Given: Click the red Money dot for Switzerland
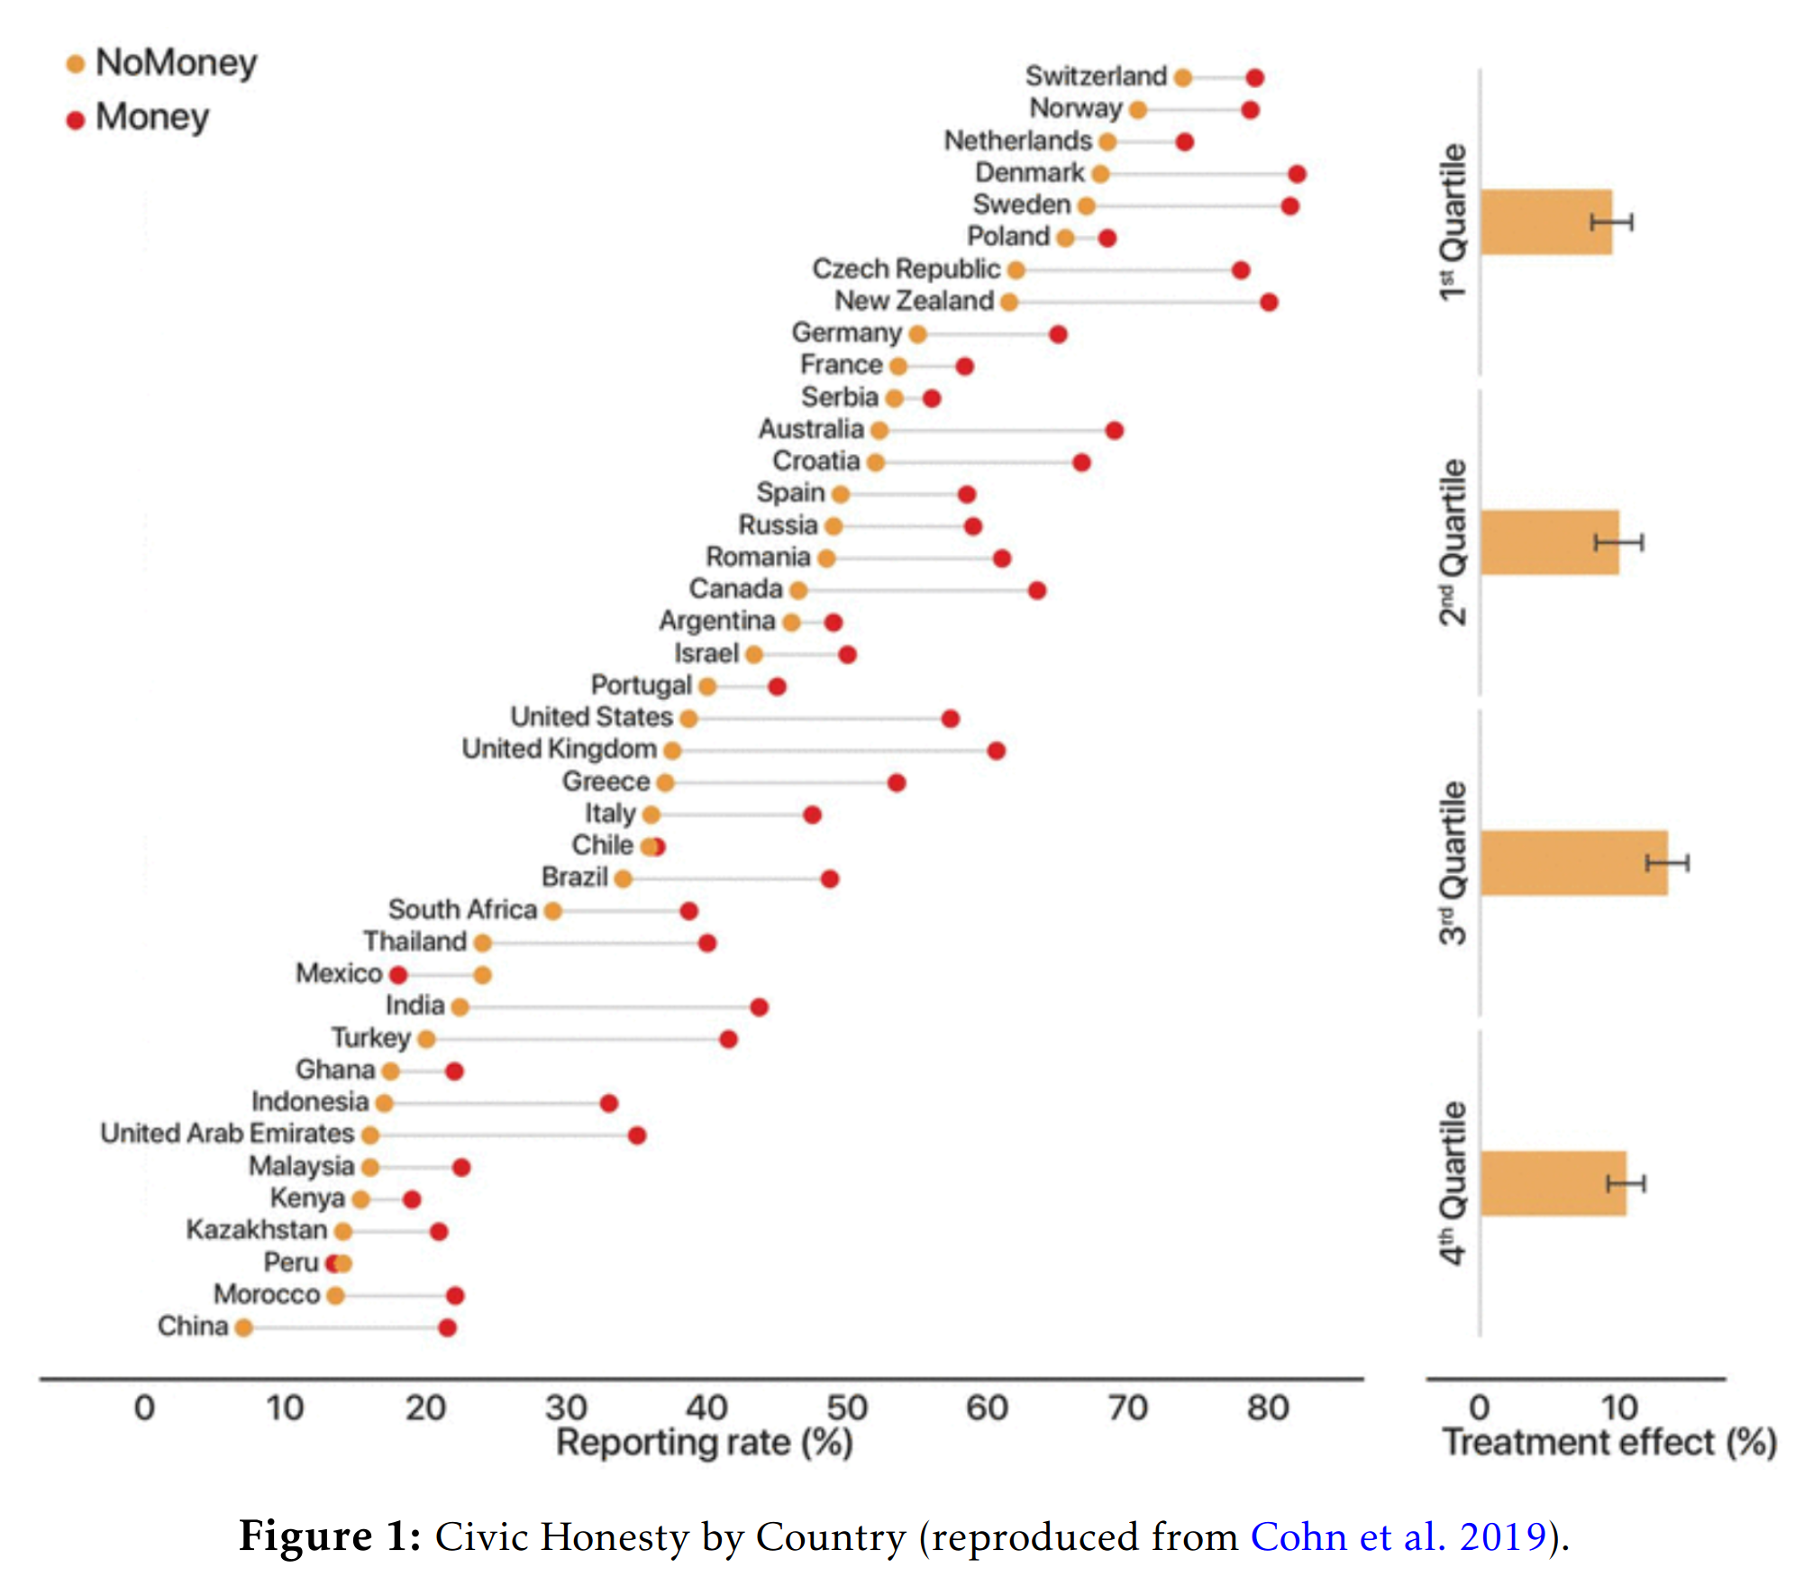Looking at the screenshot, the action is click(x=1254, y=77).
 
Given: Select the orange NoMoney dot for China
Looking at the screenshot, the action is click(x=243, y=1327).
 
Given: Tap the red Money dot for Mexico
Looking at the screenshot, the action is click(x=398, y=974).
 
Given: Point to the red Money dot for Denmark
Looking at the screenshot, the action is click(x=1297, y=174).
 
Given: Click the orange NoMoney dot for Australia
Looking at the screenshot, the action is click(x=879, y=431).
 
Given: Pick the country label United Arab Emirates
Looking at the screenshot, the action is click(x=227, y=1134).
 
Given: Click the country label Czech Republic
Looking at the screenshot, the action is click(x=906, y=269).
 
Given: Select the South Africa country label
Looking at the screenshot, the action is click(x=462, y=909).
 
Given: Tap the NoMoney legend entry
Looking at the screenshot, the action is click(x=162, y=62).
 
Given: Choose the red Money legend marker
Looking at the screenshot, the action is click(x=76, y=119).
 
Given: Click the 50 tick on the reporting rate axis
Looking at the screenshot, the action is click(x=847, y=1408).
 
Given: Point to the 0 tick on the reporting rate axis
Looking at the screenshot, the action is click(x=144, y=1408).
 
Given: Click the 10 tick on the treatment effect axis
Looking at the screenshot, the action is click(x=1618, y=1408).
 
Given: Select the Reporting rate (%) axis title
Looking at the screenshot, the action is click(x=705, y=1443).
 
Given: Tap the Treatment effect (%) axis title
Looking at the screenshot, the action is click(x=1609, y=1443).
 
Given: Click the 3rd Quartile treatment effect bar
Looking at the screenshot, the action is click(x=1574, y=862).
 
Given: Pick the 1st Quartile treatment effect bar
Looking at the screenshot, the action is click(x=1546, y=222).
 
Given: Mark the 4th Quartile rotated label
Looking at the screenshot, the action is click(x=1453, y=1183).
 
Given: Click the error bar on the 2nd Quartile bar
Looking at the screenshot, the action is click(x=1618, y=542).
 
